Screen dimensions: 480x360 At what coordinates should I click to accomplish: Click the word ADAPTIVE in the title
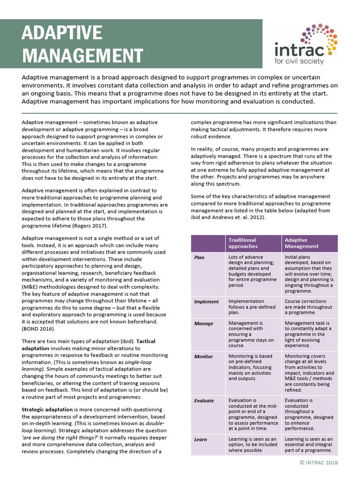click(62, 33)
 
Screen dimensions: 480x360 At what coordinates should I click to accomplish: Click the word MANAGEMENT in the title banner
click(82, 55)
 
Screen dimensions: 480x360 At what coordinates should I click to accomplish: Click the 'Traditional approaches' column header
click(243, 243)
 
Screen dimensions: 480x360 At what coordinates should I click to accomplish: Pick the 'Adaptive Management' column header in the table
click(301, 243)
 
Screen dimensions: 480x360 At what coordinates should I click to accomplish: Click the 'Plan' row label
click(199, 257)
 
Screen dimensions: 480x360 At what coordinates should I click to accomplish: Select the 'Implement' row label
click(206, 301)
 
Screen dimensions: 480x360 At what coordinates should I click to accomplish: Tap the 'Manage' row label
click(203, 323)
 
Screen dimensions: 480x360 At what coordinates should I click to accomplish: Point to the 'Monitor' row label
click(204, 356)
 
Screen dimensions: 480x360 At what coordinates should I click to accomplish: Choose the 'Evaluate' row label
click(204, 401)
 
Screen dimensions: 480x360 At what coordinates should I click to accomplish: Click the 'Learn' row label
click(201, 440)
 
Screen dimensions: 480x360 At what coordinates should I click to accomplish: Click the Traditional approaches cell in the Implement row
click(247, 307)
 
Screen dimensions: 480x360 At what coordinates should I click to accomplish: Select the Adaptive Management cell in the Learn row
click(308, 445)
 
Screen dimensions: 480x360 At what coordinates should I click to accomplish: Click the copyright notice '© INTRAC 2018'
click(318, 463)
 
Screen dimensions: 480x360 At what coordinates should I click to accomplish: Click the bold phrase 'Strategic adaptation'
click(45, 410)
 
